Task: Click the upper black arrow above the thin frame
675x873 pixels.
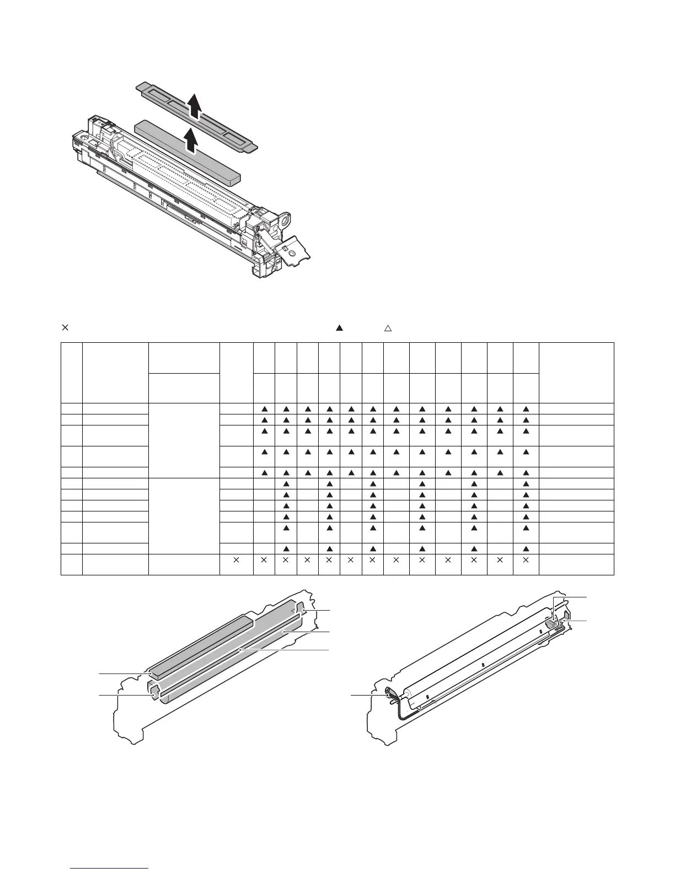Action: point(194,106)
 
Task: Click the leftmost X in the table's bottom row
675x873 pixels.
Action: point(236,560)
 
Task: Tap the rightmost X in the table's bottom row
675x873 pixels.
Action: point(526,560)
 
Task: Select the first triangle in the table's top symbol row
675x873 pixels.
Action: point(264,409)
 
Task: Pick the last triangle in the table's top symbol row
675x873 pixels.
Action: point(526,409)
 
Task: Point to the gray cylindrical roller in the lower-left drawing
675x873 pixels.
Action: point(232,656)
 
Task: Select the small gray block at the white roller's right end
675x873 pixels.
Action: point(550,623)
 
